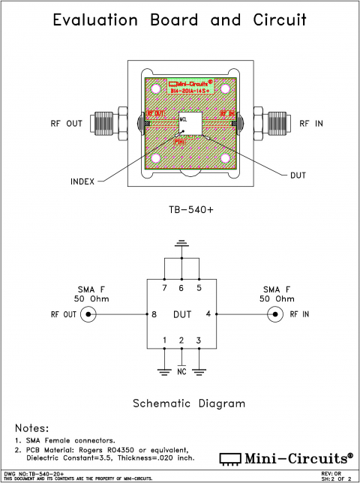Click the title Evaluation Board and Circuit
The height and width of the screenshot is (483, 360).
[179, 20]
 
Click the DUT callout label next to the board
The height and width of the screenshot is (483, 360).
[298, 174]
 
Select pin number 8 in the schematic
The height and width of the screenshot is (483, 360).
[154, 314]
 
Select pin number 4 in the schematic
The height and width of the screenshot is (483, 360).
[208, 314]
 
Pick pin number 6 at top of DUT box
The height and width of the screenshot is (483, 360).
[181, 288]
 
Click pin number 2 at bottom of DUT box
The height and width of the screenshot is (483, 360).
[181, 341]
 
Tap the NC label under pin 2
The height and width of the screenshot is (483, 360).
[181, 370]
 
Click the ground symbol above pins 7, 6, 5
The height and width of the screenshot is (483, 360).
[181, 243]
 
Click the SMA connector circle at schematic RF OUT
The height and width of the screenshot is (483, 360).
[90, 314]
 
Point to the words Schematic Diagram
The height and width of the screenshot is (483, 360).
[188, 403]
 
